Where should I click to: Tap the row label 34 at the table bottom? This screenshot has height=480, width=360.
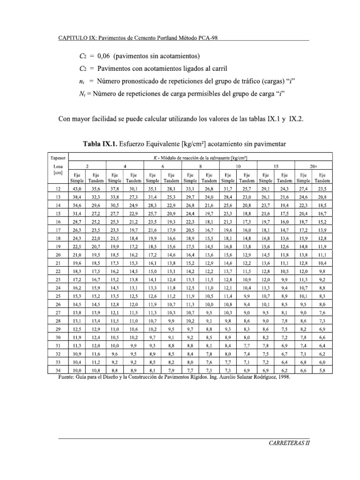[x=58, y=370]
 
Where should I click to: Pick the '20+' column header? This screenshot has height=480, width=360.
[x=313, y=166]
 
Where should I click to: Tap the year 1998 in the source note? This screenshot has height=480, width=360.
[x=282, y=376]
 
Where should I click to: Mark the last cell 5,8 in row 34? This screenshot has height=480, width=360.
[x=322, y=370]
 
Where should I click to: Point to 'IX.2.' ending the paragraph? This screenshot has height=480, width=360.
[x=295, y=119]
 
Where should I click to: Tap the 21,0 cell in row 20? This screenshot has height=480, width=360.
[x=76, y=254]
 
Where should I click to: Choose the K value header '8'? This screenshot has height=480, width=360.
[x=200, y=166]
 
